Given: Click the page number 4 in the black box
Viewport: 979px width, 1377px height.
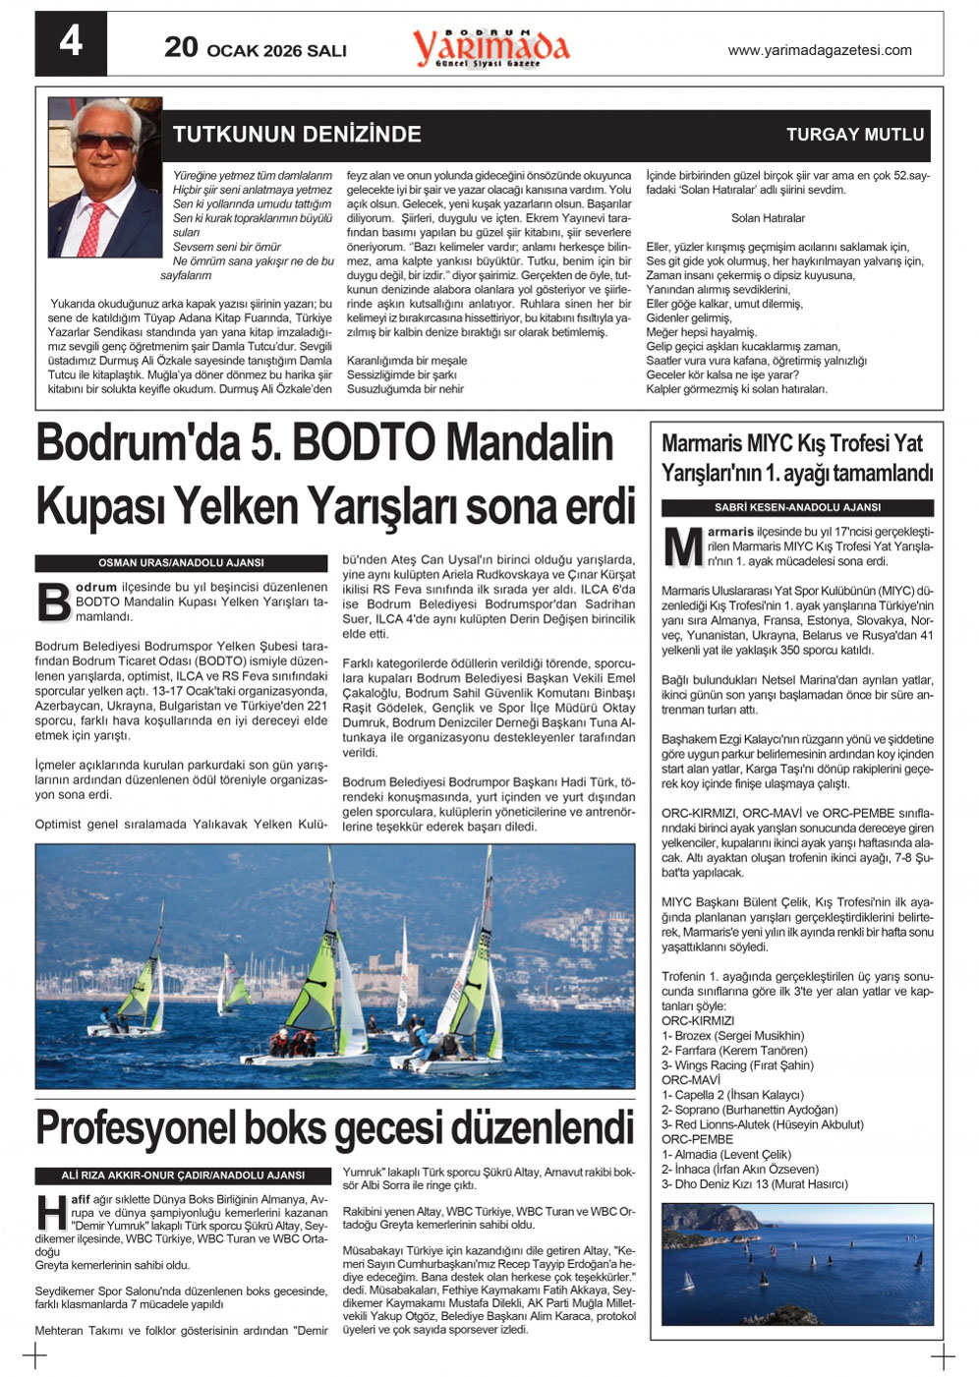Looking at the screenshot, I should click(71, 42).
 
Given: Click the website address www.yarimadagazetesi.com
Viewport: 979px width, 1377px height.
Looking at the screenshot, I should click(819, 50).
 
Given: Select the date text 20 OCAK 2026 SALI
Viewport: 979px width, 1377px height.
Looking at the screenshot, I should click(256, 48).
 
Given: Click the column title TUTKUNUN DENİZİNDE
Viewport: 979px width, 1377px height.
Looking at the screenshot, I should click(297, 135).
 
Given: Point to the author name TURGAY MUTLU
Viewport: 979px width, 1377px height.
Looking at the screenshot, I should click(855, 135).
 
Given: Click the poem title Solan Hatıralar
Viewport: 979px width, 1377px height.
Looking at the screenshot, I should click(768, 218).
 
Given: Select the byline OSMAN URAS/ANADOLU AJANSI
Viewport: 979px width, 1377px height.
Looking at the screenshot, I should click(181, 563).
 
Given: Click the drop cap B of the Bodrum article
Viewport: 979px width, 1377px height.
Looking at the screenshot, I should click(53, 602).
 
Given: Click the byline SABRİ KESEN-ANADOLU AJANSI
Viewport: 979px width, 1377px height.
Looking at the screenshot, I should click(797, 508).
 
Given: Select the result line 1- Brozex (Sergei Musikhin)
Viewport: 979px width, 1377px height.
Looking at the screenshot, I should click(732, 1035).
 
